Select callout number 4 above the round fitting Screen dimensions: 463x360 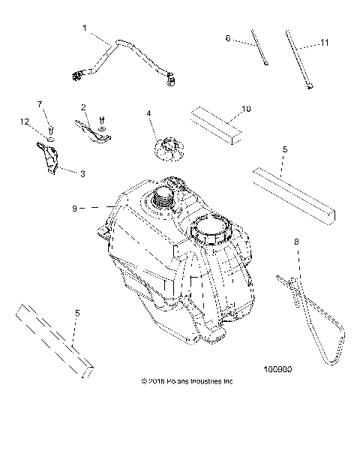(149, 113)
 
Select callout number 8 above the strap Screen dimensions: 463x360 (297, 242)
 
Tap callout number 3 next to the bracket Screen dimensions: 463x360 (82, 173)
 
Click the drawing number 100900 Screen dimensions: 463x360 (277, 369)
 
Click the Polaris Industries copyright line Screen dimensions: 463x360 (187, 380)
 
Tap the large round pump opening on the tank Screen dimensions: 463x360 (213, 230)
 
